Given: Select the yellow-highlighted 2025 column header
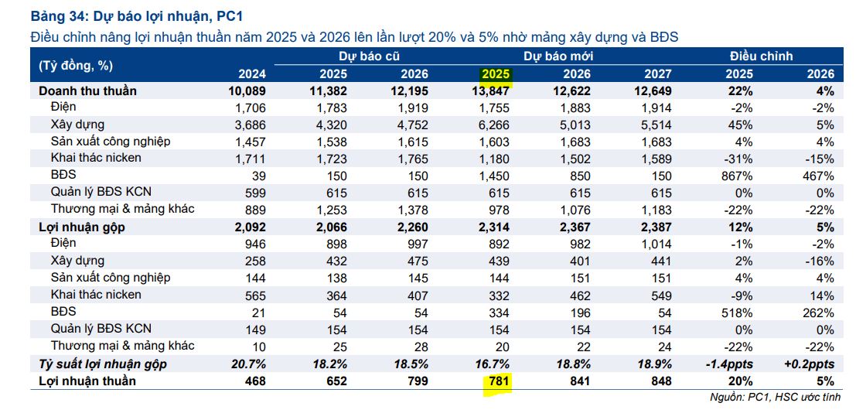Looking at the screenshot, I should (496, 74).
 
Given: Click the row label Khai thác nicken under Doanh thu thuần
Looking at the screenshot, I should (96, 159).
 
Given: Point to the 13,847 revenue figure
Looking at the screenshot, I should (488, 91).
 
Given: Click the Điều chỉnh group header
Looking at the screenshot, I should (761, 56).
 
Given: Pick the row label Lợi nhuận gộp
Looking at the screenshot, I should (82, 227).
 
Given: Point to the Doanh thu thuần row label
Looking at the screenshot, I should (87, 91).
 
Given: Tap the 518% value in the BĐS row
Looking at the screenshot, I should (737, 312).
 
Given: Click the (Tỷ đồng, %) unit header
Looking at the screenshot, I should (75, 65).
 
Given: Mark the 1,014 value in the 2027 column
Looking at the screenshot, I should (656, 244).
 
